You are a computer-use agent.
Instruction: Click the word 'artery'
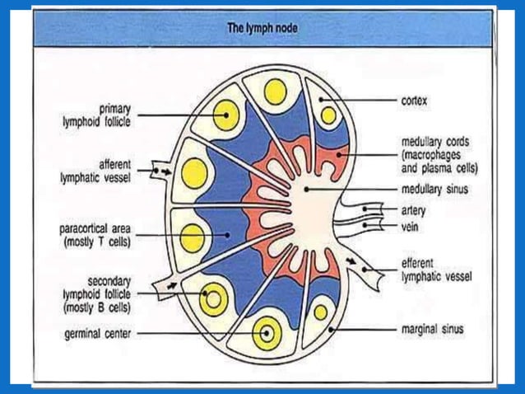click(413, 210)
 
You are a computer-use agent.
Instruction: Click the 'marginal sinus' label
click(432, 330)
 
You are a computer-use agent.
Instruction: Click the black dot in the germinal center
click(266, 335)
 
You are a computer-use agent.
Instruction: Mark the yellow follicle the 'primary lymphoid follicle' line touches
click(224, 115)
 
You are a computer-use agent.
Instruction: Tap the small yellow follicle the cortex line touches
click(328, 115)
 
